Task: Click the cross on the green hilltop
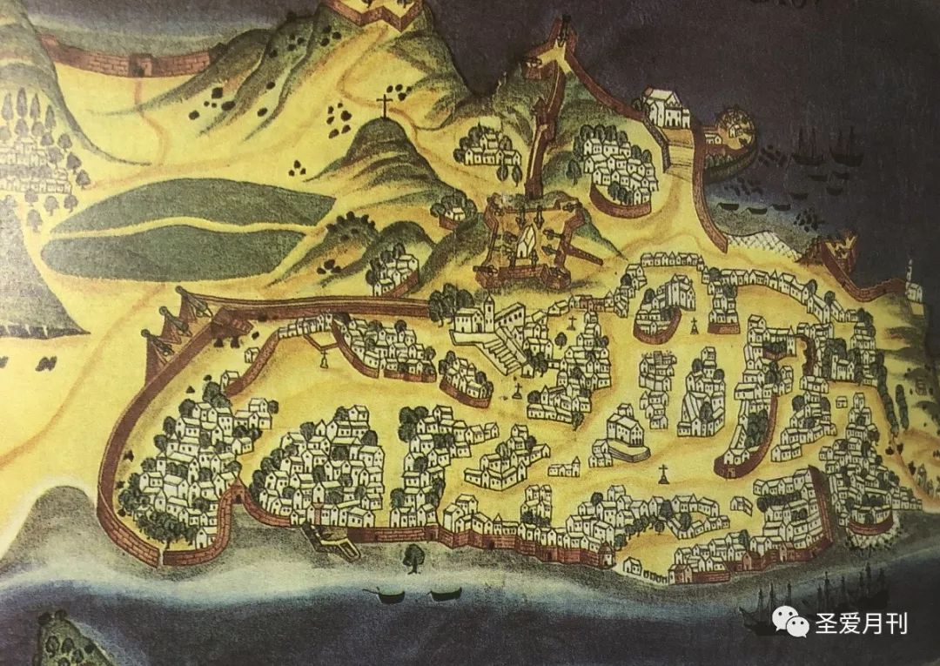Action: pos(383,107)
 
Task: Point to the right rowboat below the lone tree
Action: pos(446,594)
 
